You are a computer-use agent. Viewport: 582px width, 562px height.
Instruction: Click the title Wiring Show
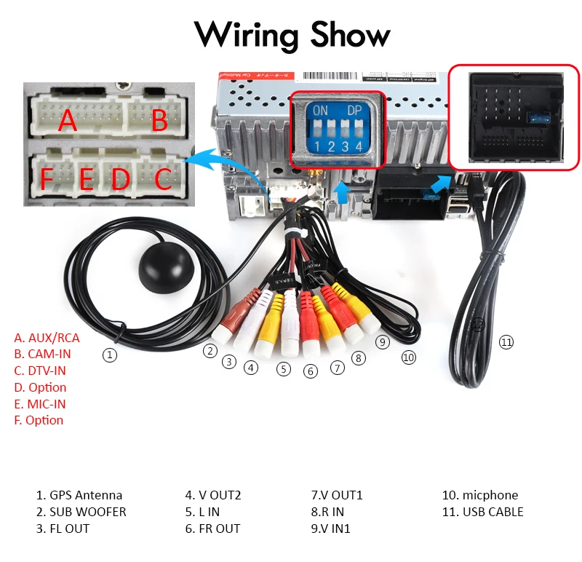click(x=292, y=34)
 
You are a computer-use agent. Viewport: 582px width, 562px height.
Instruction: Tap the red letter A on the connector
click(x=68, y=120)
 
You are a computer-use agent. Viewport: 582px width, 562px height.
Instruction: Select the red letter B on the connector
click(x=160, y=121)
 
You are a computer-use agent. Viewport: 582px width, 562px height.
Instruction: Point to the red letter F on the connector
click(x=47, y=178)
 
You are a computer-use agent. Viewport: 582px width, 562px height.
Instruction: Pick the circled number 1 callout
click(x=109, y=355)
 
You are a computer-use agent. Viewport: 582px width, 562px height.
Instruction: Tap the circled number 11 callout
click(x=506, y=342)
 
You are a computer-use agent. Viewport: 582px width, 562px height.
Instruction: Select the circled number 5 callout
click(x=284, y=369)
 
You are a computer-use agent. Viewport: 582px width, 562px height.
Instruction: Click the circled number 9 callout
click(x=383, y=341)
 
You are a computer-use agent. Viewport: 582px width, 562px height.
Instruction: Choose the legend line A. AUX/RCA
click(x=47, y=338)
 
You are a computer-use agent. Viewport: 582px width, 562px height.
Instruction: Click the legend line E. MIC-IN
click(x=40, y=404)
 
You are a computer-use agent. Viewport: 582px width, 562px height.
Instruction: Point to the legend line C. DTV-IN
click(x=40, y=371)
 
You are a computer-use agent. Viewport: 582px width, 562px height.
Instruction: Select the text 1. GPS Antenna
click(x=79, y=495)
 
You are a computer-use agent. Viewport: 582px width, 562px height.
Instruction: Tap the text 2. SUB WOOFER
click(x=81, y=512)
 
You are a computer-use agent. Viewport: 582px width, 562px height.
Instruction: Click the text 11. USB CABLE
click(x=483, y=512)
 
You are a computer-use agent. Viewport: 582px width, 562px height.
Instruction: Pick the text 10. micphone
click(x=480, y=495)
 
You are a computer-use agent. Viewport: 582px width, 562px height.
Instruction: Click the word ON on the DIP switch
click(x=320, y=111)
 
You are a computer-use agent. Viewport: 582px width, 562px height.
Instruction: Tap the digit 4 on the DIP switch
click(x=359, y=146)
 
